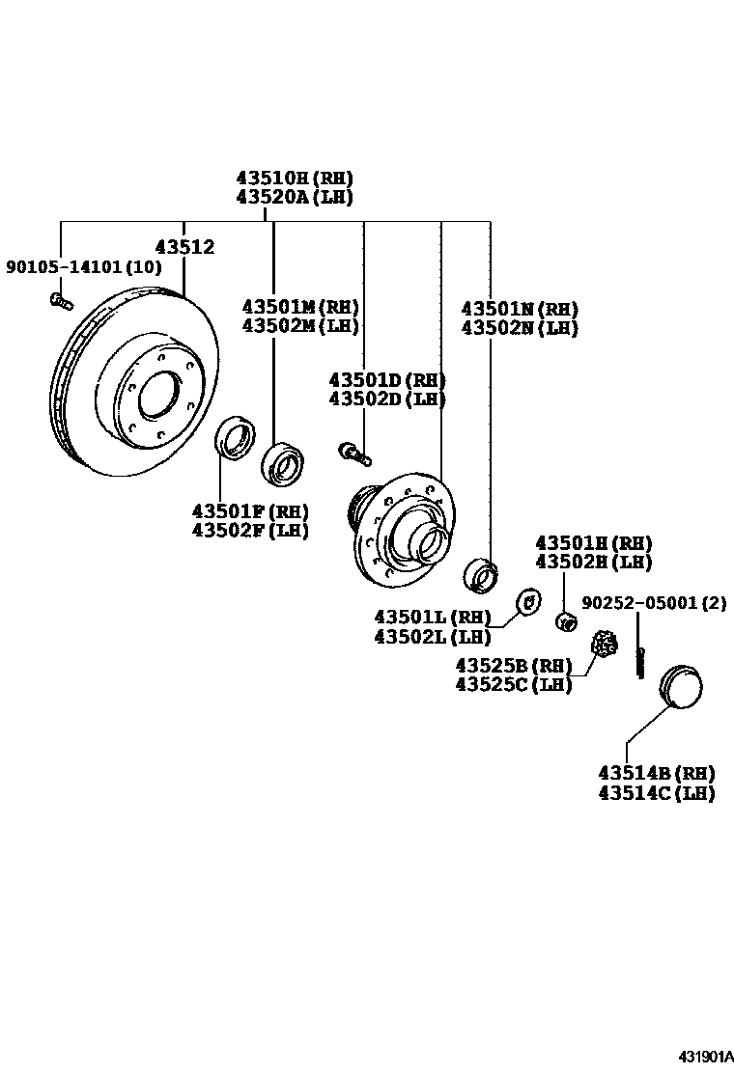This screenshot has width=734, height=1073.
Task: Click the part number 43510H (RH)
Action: click(x=295, y=178)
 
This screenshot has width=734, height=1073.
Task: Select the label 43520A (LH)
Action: click(x=295, y=197)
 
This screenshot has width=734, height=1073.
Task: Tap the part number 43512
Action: click(x=184, y=247)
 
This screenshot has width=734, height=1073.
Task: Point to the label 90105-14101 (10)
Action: click(x=84, y=266)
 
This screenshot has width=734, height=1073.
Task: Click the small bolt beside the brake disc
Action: click(x=61, y=302)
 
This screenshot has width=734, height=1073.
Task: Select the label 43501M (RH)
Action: click(x=299, y=307)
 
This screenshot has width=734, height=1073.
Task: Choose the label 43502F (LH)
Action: click(x=250, y=530)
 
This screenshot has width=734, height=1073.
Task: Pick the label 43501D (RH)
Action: click(x=386, y=379)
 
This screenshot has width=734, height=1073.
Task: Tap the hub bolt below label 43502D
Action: click(x=354, y=451)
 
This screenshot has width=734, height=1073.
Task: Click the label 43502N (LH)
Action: click(x=520, y=328)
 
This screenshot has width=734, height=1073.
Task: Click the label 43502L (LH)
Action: click(x=433, y=637)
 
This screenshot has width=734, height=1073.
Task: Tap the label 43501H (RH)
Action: click(x=594, y=543)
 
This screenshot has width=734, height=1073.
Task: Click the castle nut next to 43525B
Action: click(x=605, y=643)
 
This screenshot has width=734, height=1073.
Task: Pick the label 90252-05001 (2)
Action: click(x=654, y=603)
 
